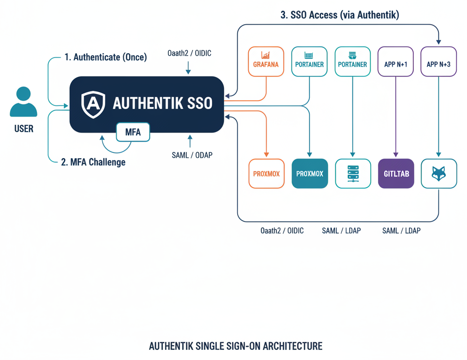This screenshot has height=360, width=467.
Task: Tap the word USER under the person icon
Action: (x=23, y=129)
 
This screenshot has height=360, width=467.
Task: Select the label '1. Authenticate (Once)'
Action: (x=105, y=57)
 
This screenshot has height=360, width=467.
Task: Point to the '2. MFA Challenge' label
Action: (x=93, y=162)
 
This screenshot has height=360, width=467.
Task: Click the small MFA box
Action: (x=133, y=132)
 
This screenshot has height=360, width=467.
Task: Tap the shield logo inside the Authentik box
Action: (x=93, y=104)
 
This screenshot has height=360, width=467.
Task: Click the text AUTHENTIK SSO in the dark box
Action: (x=162, y=104)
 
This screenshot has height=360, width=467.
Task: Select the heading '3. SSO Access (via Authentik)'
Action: (x=340, y=15)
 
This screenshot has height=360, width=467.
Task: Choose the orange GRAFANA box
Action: (x=266, y=61)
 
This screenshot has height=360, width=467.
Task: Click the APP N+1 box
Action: (x=395, y=61)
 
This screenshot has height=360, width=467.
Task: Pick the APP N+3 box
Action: (x=438, y=61)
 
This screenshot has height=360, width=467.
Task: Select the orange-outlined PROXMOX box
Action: (x=266, y=173)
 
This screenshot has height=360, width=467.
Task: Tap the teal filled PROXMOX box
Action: (x=310, y=173)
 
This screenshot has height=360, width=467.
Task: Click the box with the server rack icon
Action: (x=353, y=173)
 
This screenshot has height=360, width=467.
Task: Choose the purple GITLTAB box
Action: (x=396, y=173)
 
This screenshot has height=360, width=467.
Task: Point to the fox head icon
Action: (x=438, y=173)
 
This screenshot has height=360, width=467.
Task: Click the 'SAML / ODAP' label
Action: (x=192, y=155)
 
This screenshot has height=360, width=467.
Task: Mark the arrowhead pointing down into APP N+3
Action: (x=438, y=42)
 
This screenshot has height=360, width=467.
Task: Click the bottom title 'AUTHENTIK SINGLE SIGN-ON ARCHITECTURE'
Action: (x=235, y=346)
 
